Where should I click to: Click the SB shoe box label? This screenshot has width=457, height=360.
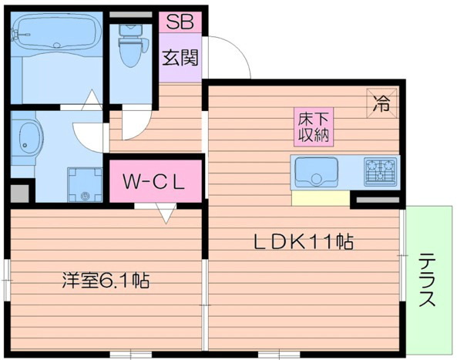click(x=182, y=22)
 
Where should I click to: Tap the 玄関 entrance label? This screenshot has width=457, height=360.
click(x=180, y=59)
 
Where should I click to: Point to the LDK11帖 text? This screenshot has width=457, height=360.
click(x=304, y=242)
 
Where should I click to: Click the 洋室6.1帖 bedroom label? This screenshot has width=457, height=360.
click(x=105, y=280)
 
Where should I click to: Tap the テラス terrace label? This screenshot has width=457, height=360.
click(x=428, y=281)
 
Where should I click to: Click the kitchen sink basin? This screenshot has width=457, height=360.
click(x=314, y=171)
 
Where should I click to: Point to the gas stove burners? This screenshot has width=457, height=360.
click(x=381, y=171)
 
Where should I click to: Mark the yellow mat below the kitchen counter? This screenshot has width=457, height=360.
click(x=320, y=198)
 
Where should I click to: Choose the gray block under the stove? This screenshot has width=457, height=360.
click(x=377, y=200)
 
